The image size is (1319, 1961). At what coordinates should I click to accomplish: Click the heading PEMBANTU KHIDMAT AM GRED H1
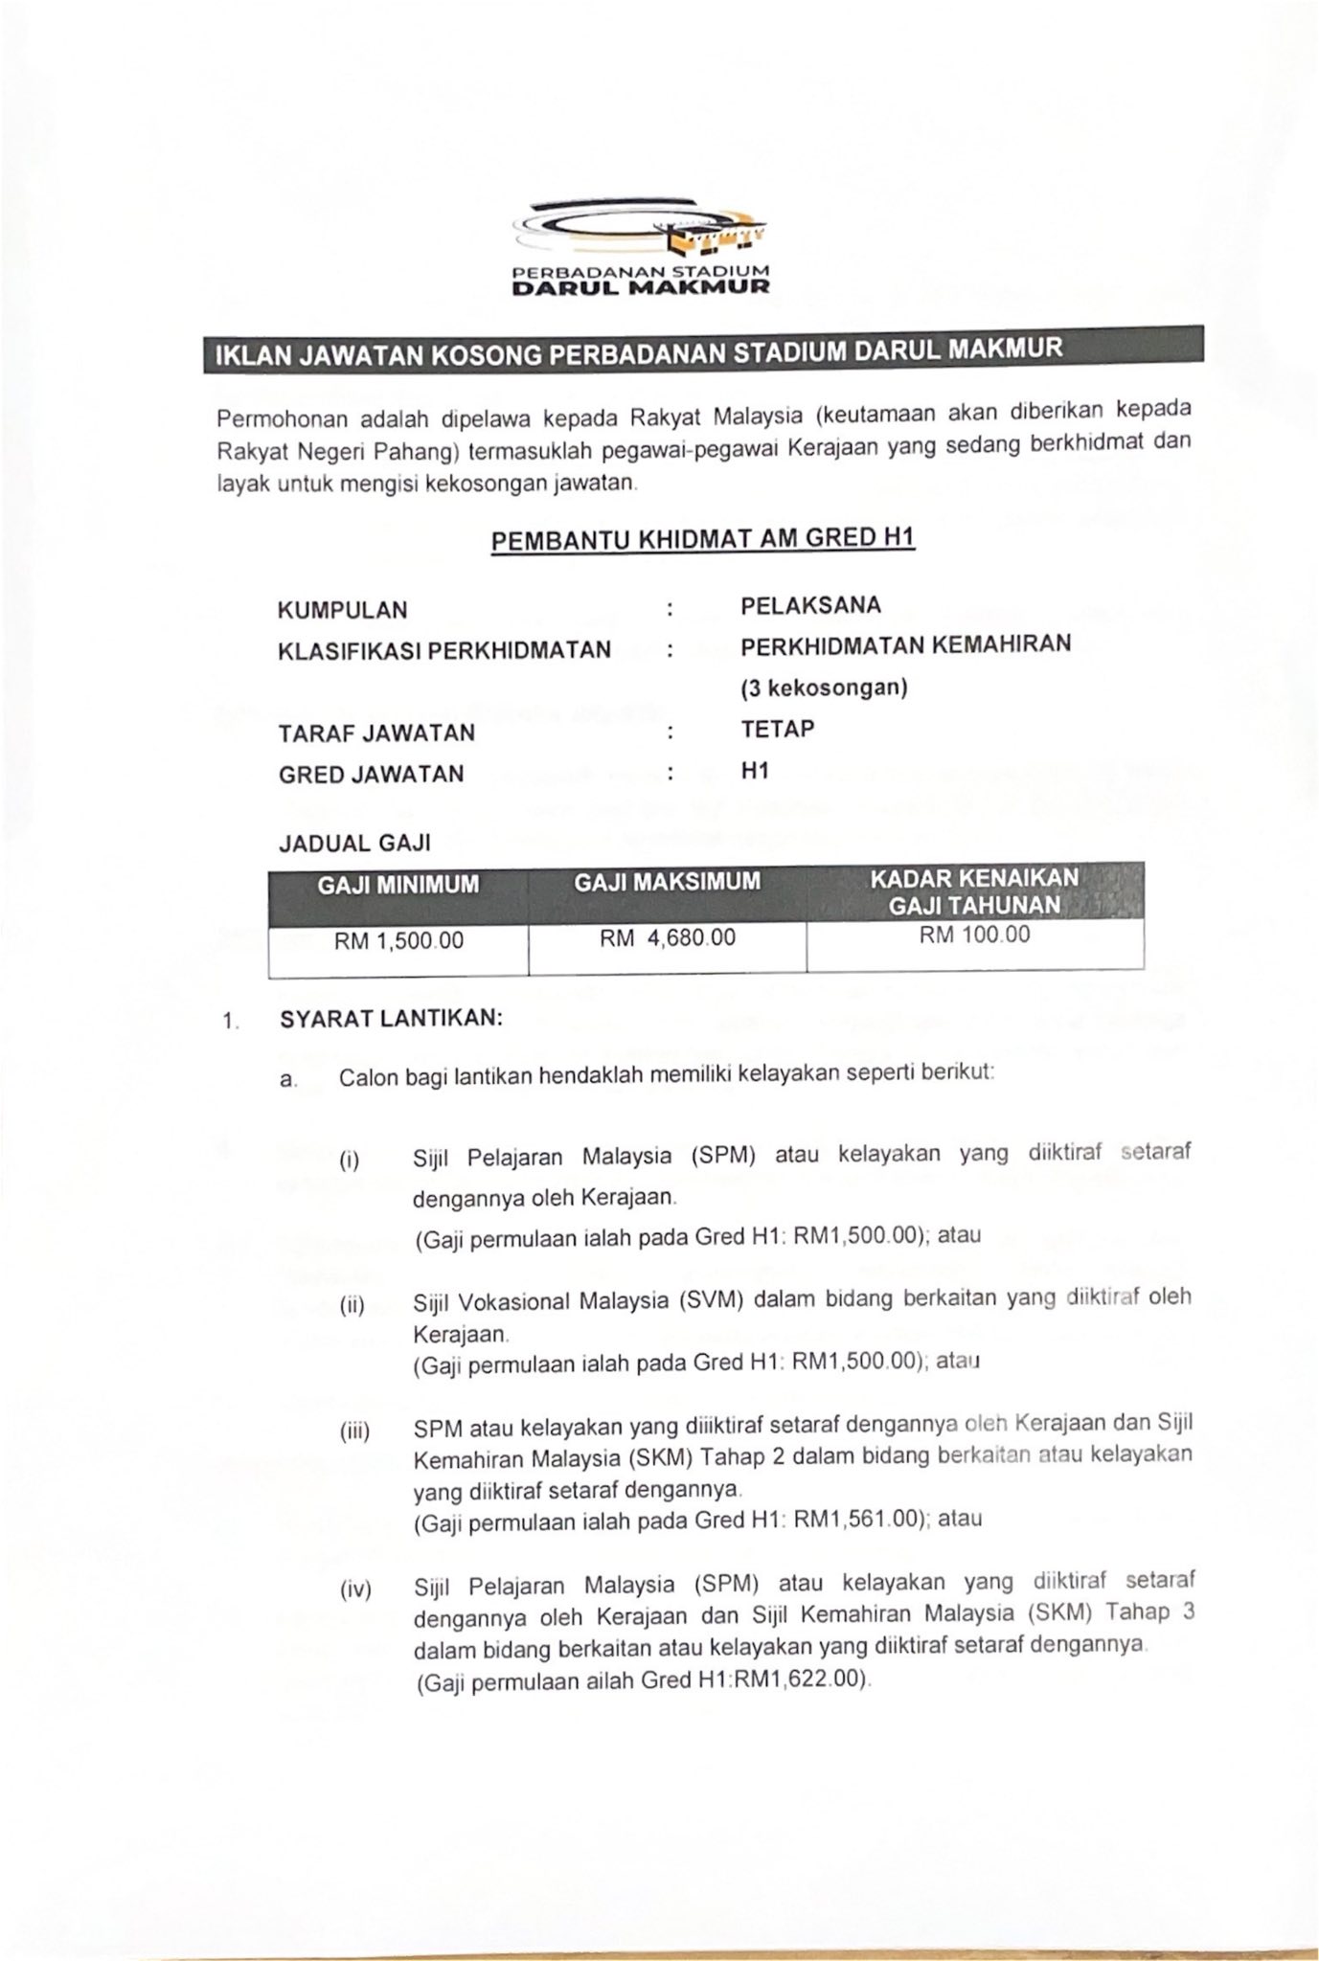pos(703,539)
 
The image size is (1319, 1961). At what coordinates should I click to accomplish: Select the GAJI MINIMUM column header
pos(398,885)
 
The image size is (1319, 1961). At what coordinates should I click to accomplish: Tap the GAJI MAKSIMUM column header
pos(667,882)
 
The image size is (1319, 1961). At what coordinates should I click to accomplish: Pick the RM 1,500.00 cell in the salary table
pos(398,941)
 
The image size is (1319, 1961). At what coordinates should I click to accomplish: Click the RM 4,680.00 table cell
pos(668,937)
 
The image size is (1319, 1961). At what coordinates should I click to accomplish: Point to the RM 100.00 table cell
pos(974,935)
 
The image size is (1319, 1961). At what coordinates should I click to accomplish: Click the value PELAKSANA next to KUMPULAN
pos(810,605)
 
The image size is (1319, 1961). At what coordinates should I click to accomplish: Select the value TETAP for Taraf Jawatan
pos(778,729)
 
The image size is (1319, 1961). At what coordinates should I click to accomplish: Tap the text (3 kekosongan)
pos(824,687)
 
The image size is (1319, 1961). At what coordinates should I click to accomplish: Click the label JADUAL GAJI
pos(354,844)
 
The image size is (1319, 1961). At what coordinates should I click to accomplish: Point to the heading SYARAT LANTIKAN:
pos(391,1018)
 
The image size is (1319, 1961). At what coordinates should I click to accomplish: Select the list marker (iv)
pos(355,1590)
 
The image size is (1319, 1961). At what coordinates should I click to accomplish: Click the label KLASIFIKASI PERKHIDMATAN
pos(443,650)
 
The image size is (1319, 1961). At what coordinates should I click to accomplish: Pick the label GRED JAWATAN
pos(372,774)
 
